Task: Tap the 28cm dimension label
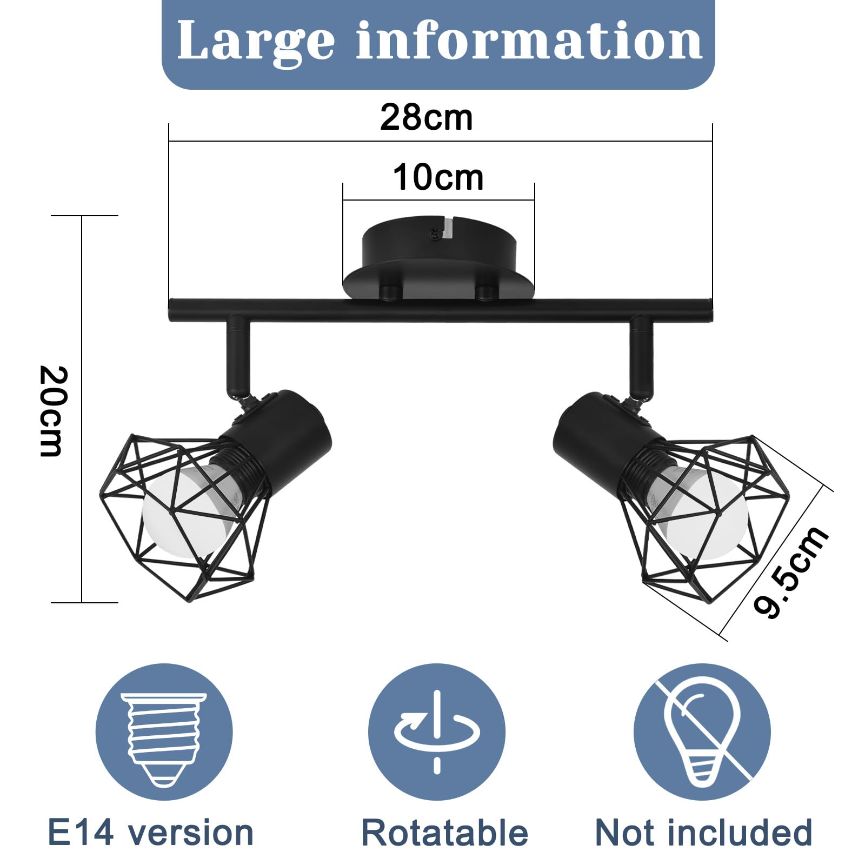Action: click(426, 117)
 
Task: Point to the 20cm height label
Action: click(54, 411)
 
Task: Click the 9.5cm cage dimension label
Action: click(790, 571)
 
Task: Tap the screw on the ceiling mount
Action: click(434, 234)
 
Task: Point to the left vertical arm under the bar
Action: click(238, 357)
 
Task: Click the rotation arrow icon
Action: click(437, 732)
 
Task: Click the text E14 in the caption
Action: click(81, 832)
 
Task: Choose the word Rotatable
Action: click(444, 833)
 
